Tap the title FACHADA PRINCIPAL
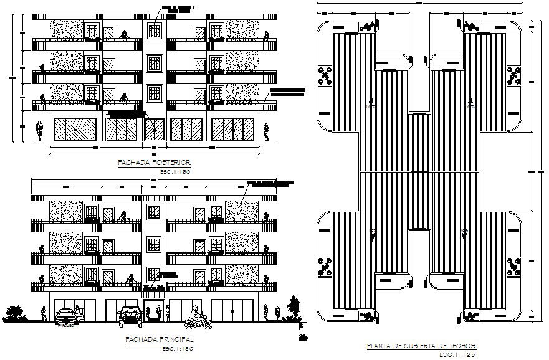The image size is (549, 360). (x=158, y=339)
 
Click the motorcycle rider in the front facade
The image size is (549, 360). (x=197, y=318)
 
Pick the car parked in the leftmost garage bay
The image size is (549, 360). (x=67, y=315)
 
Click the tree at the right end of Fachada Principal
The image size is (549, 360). (x=292, y=309)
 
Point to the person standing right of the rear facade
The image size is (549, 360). (x=267, y=131)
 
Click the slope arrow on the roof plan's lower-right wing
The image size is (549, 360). (x=465, y=235)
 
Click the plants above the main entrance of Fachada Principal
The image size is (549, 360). (x=154, y=287)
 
